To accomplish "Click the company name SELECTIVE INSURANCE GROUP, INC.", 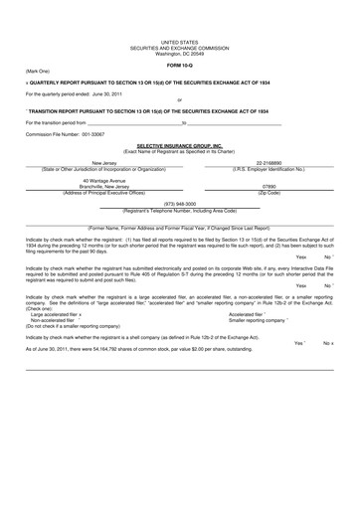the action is (x=180, y=144).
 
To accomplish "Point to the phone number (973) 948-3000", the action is (x=180, y=204).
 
